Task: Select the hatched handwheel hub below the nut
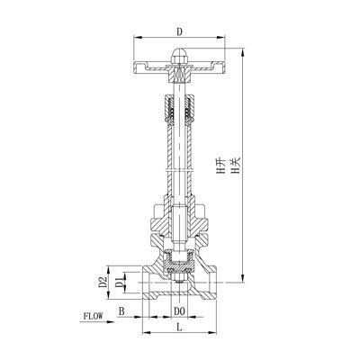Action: click(x=179, y=68)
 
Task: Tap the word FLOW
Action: click(x=94, y=317)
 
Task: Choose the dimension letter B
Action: click(x=122, y=311)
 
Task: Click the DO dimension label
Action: click(x=178, y=311)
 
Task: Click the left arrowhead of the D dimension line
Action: click(x=136, y=40)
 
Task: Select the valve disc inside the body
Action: click(x=179, y=268)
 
